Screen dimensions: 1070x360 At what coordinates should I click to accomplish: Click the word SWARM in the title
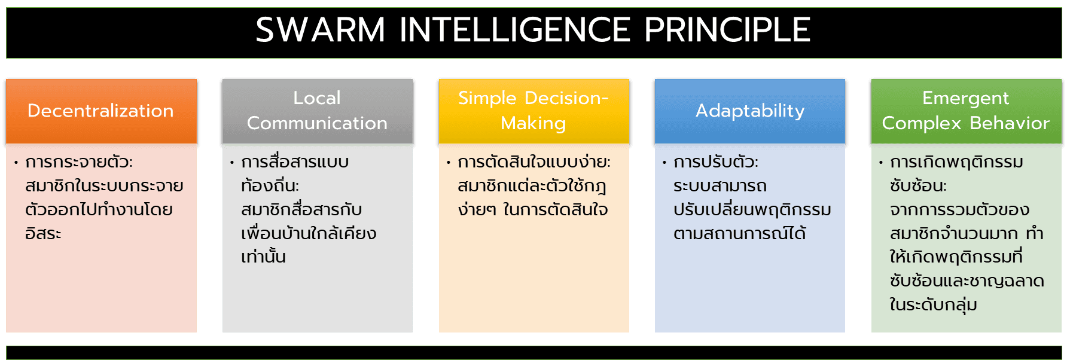321,30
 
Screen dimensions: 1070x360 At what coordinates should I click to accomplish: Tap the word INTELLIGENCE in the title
515,30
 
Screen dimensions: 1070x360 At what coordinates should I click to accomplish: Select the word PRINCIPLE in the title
727,30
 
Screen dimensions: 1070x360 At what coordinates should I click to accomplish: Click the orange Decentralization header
101,111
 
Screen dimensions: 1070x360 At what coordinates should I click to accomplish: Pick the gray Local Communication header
318,111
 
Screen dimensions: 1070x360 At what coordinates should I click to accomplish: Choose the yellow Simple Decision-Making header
534,111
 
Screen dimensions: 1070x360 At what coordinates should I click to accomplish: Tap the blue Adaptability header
750,111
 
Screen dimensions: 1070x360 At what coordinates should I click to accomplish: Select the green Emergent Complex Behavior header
967,111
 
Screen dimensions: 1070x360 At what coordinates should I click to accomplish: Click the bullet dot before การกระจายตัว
16,163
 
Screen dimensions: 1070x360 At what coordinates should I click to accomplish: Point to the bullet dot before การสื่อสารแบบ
232,163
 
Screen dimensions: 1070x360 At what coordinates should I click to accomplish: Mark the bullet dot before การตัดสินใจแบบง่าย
449,163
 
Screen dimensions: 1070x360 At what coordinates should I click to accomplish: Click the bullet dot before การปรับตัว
664,163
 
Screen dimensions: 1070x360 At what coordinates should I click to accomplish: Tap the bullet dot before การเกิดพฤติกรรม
881,163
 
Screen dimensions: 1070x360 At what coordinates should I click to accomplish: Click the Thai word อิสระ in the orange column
43,233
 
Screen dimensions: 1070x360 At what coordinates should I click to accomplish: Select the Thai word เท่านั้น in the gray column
264,256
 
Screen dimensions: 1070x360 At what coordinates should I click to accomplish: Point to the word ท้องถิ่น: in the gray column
270,185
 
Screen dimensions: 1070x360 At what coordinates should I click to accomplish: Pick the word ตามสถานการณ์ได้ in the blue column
740,232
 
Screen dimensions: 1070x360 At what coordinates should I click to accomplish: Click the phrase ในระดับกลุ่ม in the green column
934,304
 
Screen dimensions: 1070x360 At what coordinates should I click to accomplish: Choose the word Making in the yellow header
534,124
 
